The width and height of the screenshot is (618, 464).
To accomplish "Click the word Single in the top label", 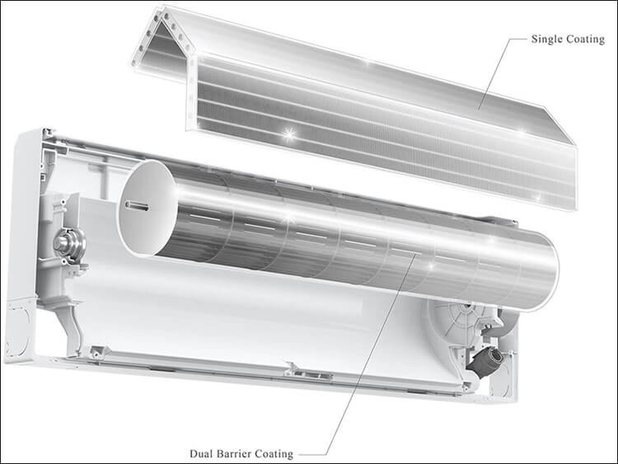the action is coord(546,40).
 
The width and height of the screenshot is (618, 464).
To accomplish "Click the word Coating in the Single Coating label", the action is coord(585,40).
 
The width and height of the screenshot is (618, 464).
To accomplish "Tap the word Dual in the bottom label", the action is coord(199,454).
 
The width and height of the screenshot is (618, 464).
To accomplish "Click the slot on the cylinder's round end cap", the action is coord(137,206).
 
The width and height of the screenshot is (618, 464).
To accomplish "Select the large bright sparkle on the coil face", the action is coord(289,134).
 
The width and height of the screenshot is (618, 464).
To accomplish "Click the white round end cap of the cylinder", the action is coord(147,208).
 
